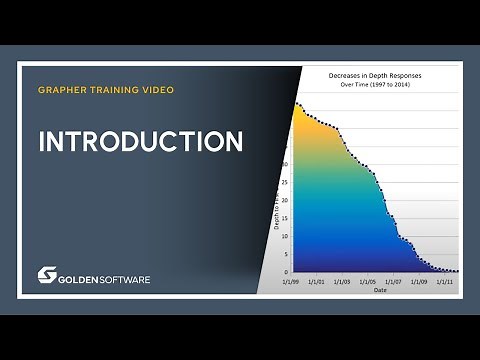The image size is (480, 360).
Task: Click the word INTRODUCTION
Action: pos(140,141)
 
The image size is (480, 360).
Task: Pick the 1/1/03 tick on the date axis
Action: pos(341,282)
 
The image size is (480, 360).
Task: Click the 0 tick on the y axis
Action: pos(286,271)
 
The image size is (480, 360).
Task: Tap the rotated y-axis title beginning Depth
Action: pos(276,211)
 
